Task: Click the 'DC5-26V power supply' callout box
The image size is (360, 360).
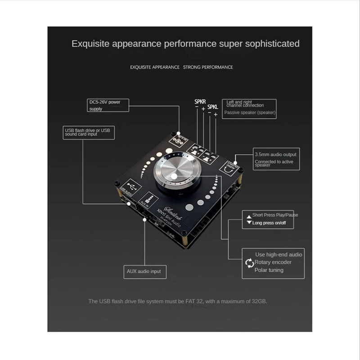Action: click(108, 105)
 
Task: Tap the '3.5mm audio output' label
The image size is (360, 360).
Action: click(276, 154)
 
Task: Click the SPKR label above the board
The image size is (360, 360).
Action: click(200, 102)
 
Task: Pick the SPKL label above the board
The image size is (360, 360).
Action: click(213, 107)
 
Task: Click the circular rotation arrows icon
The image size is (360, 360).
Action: click(249, 263)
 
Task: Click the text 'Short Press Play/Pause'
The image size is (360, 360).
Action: click(275, 215)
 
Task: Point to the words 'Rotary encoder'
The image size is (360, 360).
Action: click(273, 262)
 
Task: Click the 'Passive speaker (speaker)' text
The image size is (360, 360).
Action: click(250, 112)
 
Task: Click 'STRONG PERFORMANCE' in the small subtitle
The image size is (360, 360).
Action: click(208, 67)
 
